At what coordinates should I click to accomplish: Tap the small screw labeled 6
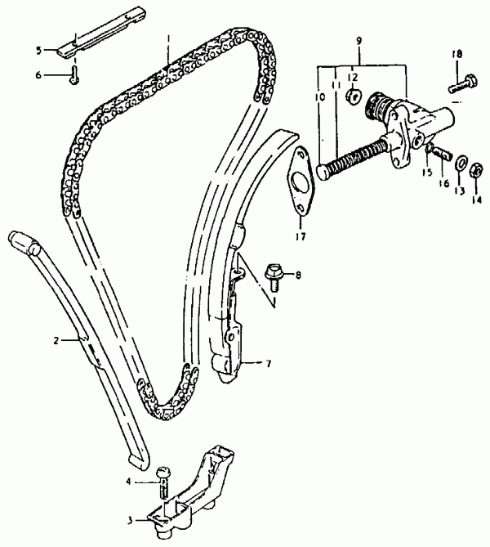tap(74, 76)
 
